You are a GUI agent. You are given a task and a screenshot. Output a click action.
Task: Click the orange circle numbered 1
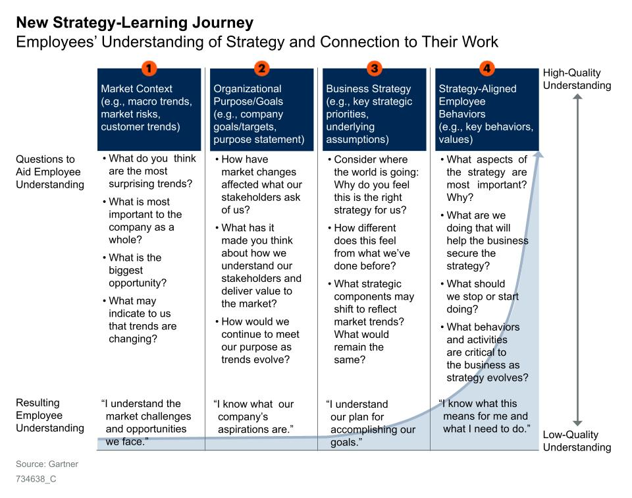149,68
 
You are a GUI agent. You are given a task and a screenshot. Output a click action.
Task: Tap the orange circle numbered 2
261,68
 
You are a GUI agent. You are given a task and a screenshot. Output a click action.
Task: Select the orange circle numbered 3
375,68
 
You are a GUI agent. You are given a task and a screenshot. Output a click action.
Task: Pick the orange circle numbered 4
487,68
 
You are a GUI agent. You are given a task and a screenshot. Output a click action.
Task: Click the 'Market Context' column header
149,110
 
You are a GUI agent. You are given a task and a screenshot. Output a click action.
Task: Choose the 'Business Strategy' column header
375,110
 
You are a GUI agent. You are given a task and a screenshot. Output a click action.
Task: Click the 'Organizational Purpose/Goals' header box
261,110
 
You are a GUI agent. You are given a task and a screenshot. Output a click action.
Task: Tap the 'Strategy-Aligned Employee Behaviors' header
487,110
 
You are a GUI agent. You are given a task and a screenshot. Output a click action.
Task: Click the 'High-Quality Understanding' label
577,79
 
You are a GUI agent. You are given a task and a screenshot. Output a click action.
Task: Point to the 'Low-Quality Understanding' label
577,441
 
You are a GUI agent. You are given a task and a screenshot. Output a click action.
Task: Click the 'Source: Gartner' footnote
47,464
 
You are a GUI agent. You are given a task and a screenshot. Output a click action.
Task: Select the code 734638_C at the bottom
36,479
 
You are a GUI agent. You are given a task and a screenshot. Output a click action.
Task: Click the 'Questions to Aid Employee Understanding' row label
50,172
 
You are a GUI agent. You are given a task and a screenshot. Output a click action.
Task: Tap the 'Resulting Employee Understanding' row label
50,416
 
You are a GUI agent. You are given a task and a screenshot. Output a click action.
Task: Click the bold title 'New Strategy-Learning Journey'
134,22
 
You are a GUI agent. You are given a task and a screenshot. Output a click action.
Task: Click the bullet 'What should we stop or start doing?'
480,296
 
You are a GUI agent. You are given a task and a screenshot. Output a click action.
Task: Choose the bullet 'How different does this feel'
369,247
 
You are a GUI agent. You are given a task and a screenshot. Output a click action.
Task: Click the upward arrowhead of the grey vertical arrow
577,97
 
